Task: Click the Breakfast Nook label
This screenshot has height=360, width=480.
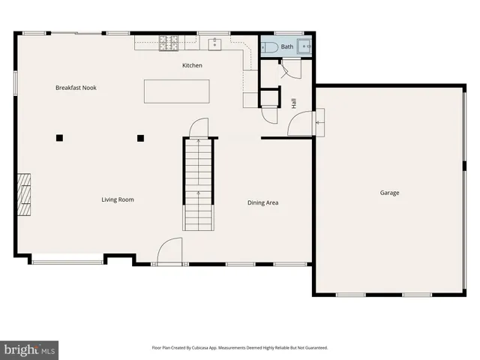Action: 76,88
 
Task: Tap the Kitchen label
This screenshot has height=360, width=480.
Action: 192,66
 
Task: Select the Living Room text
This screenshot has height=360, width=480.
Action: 118,199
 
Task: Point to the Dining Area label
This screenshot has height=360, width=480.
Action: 263,202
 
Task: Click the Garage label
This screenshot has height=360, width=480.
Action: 389,193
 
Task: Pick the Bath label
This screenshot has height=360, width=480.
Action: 287,46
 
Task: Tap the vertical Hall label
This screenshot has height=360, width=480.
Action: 294,103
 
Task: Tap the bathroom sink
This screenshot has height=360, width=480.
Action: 305,46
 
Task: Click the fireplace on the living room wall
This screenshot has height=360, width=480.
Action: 25,194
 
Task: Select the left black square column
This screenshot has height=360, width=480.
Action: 58,137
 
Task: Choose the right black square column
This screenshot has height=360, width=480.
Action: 140,137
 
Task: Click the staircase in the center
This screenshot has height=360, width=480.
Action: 198,184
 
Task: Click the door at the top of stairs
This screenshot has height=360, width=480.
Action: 197,128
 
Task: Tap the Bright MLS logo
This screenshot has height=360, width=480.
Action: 30,349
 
